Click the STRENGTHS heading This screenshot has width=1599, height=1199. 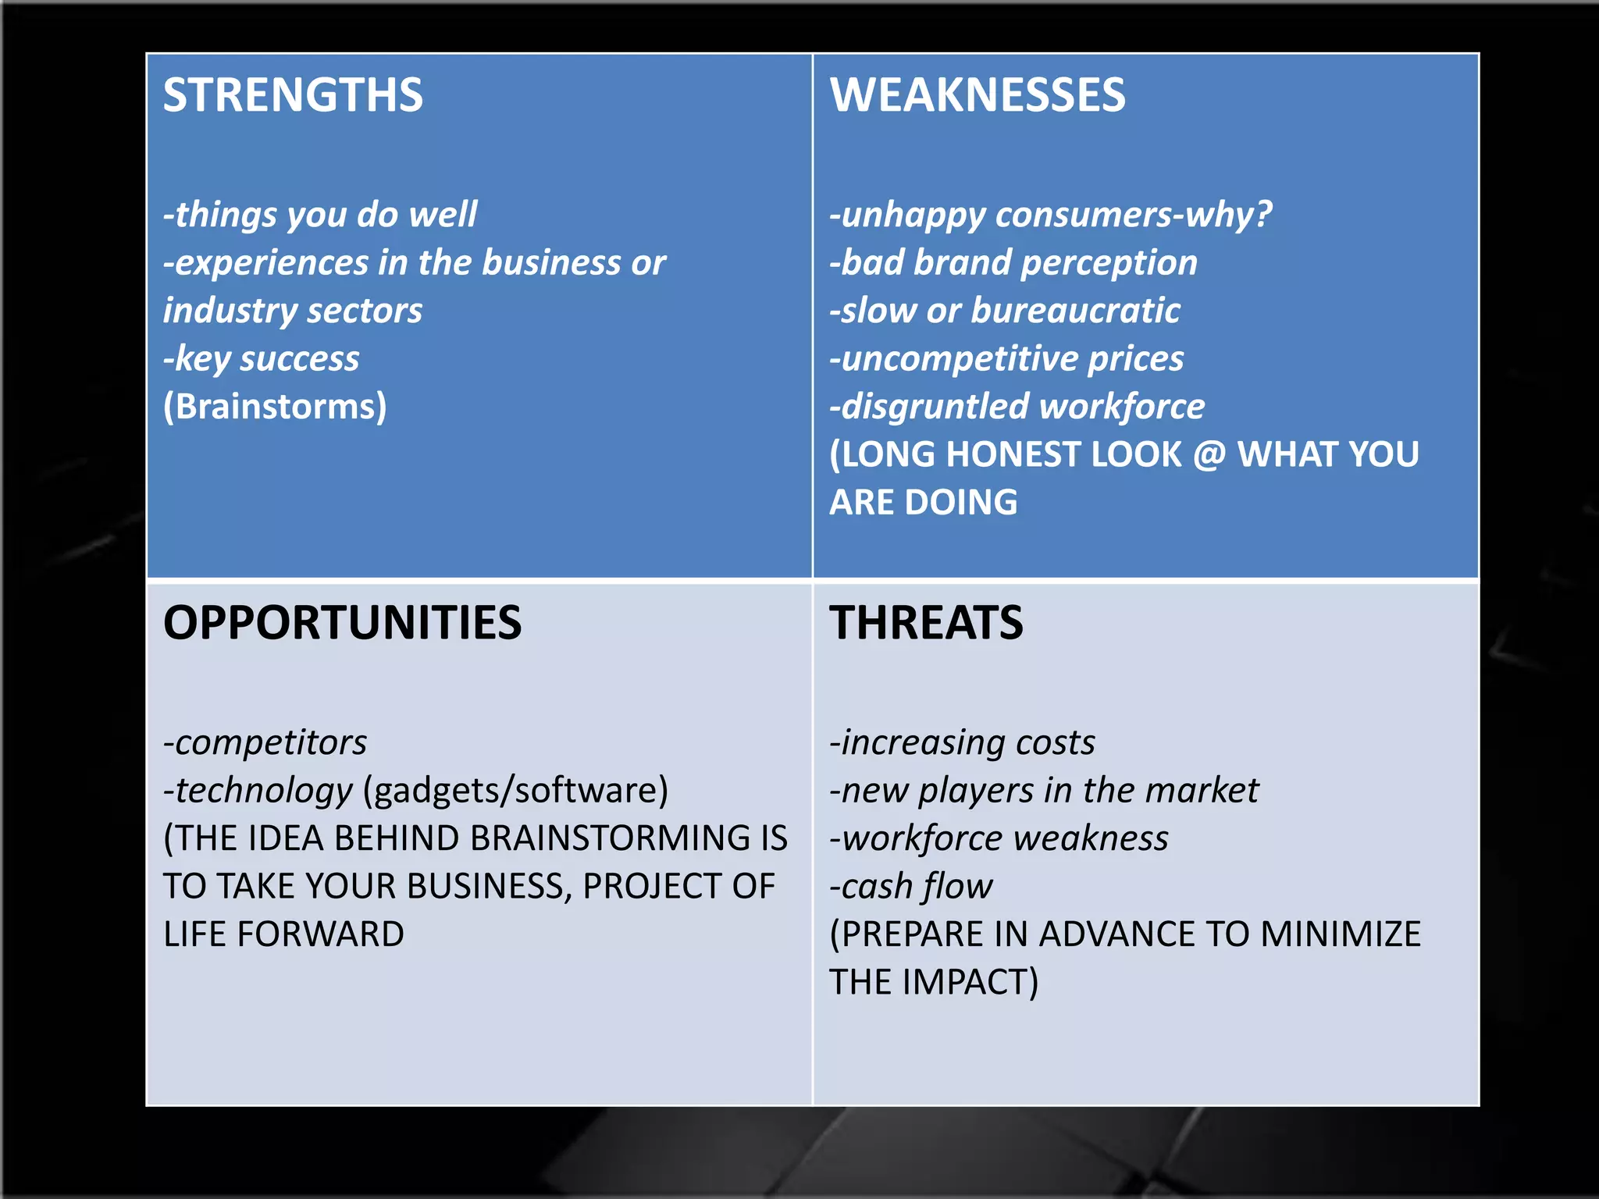[293, 95]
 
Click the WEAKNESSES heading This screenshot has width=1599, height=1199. [978, 95]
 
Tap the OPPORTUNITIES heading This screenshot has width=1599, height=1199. [342, 623]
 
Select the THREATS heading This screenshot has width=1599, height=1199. [926, 623]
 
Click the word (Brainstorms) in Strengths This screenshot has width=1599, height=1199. [275, 407]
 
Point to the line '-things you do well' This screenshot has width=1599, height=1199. [320, 215]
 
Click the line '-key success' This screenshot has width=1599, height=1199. [262, 359]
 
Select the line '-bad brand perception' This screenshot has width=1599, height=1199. [1013, 263]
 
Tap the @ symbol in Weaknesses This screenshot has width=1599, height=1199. [1209, 455]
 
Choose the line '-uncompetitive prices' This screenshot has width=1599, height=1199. [1007, 359]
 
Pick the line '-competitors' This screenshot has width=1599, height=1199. [265, 742]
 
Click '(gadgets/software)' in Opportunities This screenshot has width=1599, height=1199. [515, 791]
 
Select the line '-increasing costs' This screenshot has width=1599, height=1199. [963, 742]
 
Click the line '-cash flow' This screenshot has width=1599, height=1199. [911, 887]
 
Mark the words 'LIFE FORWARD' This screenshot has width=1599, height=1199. [283, 934]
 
